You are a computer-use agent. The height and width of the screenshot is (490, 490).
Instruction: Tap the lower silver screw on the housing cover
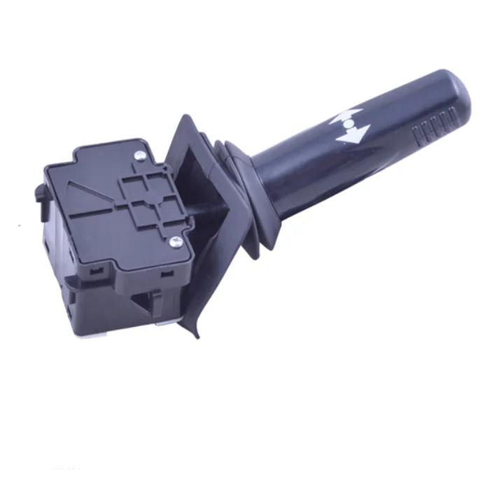pos(176,242)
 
